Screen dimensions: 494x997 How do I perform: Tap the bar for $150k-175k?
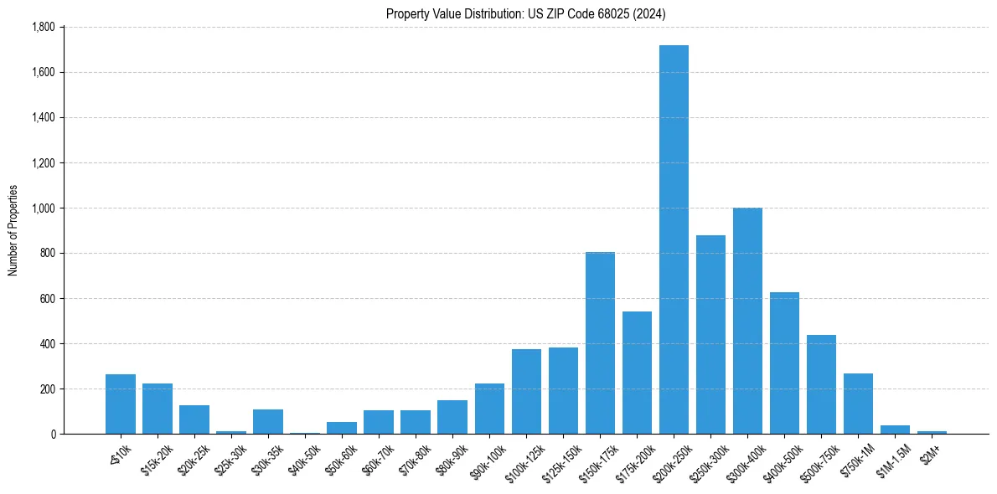tap(600, 343)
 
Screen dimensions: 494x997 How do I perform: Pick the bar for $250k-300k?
tap(710, 335)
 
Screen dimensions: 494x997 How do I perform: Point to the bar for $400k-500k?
tap(784, 363)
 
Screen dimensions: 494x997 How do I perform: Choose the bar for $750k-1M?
tap(858, 404)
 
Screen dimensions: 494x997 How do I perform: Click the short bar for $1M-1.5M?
tap(895, 430)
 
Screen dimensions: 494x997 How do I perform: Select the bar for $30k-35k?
tap(268, 422)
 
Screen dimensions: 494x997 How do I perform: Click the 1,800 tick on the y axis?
tap(43, 27)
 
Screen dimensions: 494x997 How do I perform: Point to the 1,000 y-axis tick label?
tap(43, 208)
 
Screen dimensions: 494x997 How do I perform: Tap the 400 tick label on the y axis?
tap(48, 343)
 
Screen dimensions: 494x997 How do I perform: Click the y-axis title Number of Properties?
tap(13, 230)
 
